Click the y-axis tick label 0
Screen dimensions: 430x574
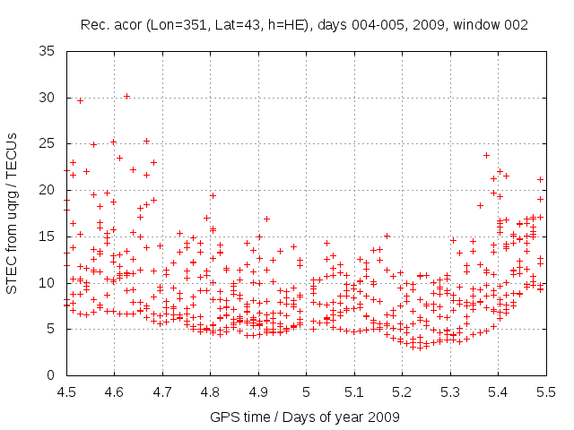[53, 375]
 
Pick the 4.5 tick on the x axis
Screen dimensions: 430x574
[66, 391]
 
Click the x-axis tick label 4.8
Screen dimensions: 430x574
[210, 391]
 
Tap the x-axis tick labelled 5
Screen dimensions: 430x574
[306, 391]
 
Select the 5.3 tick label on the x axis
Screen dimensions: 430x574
[450, 391]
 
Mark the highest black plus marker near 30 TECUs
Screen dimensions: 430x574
[126, 96]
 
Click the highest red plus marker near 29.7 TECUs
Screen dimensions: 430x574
[80, 100]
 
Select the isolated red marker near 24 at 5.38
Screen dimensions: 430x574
[487, 155]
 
